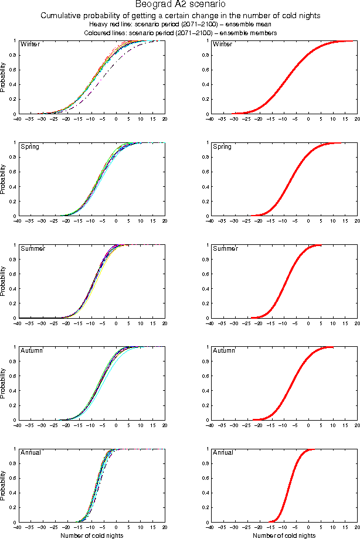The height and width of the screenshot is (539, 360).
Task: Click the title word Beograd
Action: pos(152,5)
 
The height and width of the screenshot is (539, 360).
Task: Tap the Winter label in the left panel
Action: pos(29,45)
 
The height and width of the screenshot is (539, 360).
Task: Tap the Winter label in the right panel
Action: pos(223,45)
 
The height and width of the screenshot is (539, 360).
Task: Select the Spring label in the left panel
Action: pos(30,146)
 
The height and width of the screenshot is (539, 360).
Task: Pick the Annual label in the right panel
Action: pos(223,453)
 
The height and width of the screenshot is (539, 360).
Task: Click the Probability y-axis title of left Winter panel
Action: pos(4,77)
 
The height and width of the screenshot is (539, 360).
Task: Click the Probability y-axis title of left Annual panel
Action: pos(4,486)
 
